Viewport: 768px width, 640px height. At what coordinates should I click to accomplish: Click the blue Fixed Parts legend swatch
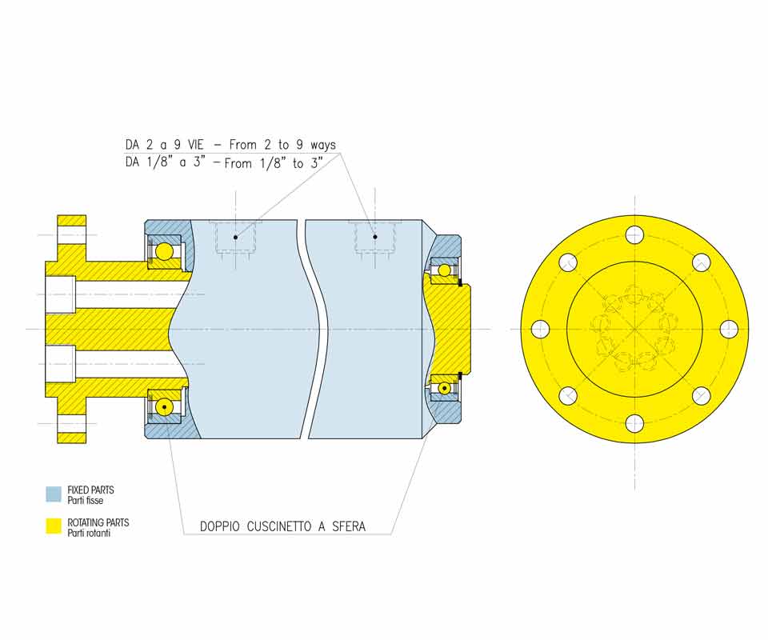pos(54,494)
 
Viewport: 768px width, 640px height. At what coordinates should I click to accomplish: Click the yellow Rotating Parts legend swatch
pos(54,526)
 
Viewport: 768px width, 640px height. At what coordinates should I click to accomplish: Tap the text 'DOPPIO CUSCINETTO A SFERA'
pos(282,526)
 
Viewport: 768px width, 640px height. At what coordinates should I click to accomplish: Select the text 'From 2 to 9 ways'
pos(282,145)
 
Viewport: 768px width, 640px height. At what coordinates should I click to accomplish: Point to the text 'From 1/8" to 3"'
pos(274,163)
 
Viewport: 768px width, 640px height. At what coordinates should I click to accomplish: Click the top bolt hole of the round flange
pos(634,234)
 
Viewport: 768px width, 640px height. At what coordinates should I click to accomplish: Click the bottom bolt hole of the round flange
pos(634,423)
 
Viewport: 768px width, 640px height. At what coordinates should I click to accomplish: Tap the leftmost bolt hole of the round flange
pos(540,329)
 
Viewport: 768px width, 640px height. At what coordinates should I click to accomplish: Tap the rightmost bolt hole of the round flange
pos(730,329)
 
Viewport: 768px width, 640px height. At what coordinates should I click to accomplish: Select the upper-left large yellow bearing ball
pos(165,252)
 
